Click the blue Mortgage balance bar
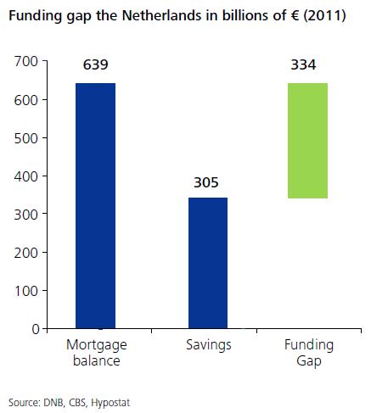(x=95, y=205)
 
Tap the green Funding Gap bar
(x=307, y=140)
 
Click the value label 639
(x=95, y=66)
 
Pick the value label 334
(x=307, y=66)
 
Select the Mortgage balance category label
(x=95, y=352)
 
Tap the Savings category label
(x=207, y=345)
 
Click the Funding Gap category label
(x=308, y=352)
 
